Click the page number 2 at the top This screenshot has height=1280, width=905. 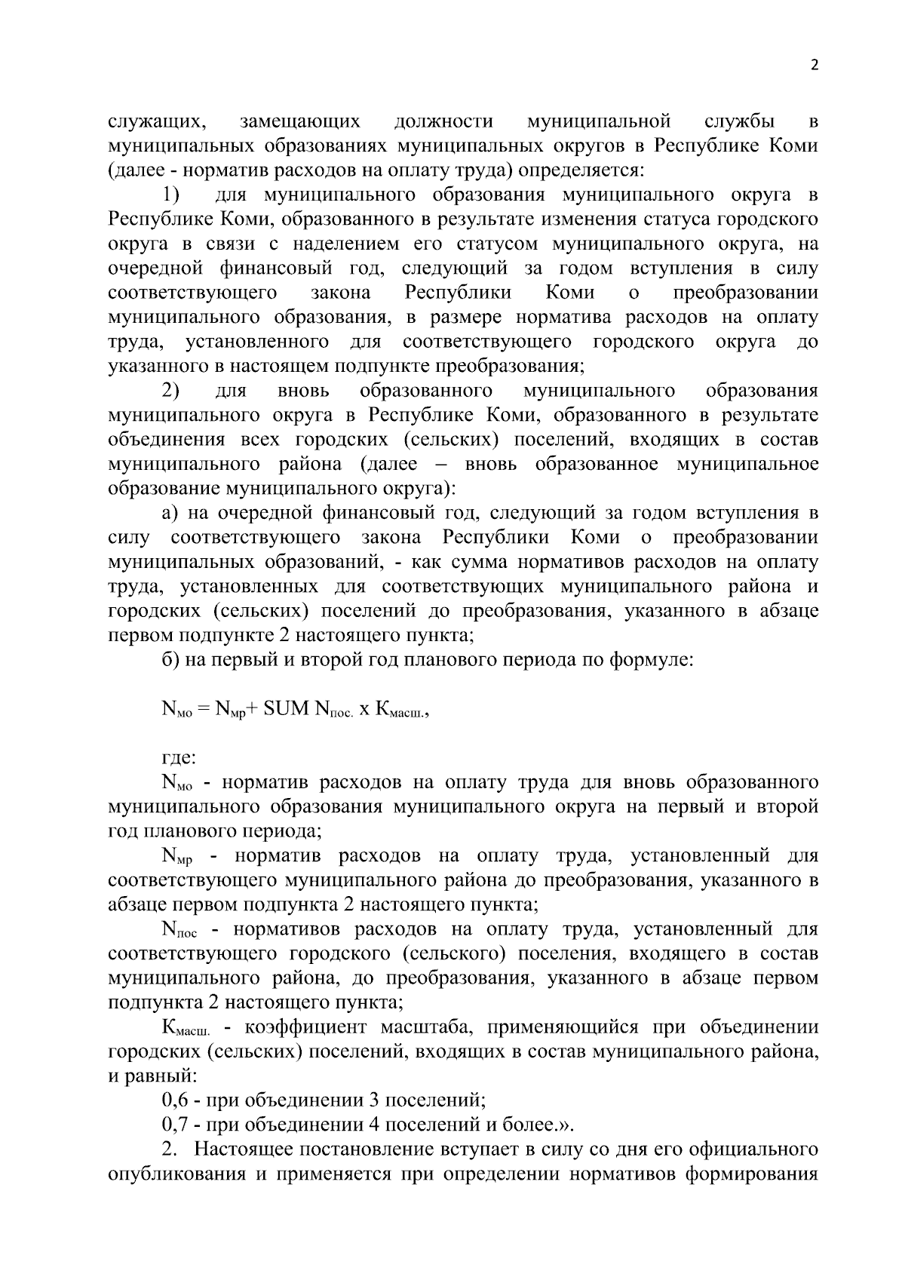pyautogui.click(x=814, y=65)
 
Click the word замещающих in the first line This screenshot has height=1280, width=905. pyautogui.click(x=299, y=121)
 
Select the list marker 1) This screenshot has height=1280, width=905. pyautogui.click(x=171, y=195)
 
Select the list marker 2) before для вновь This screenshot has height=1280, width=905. pyautogui.click(x=171, y=391)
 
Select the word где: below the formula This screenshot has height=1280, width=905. pyautogui.click(x=179, y=757)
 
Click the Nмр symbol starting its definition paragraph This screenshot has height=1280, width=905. pyautogui.click(x=177, y=857)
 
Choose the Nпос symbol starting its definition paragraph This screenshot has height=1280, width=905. pyautogui.click(x=179, y=930)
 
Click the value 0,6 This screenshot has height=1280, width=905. pyautogui.click(x=175, y=1100)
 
